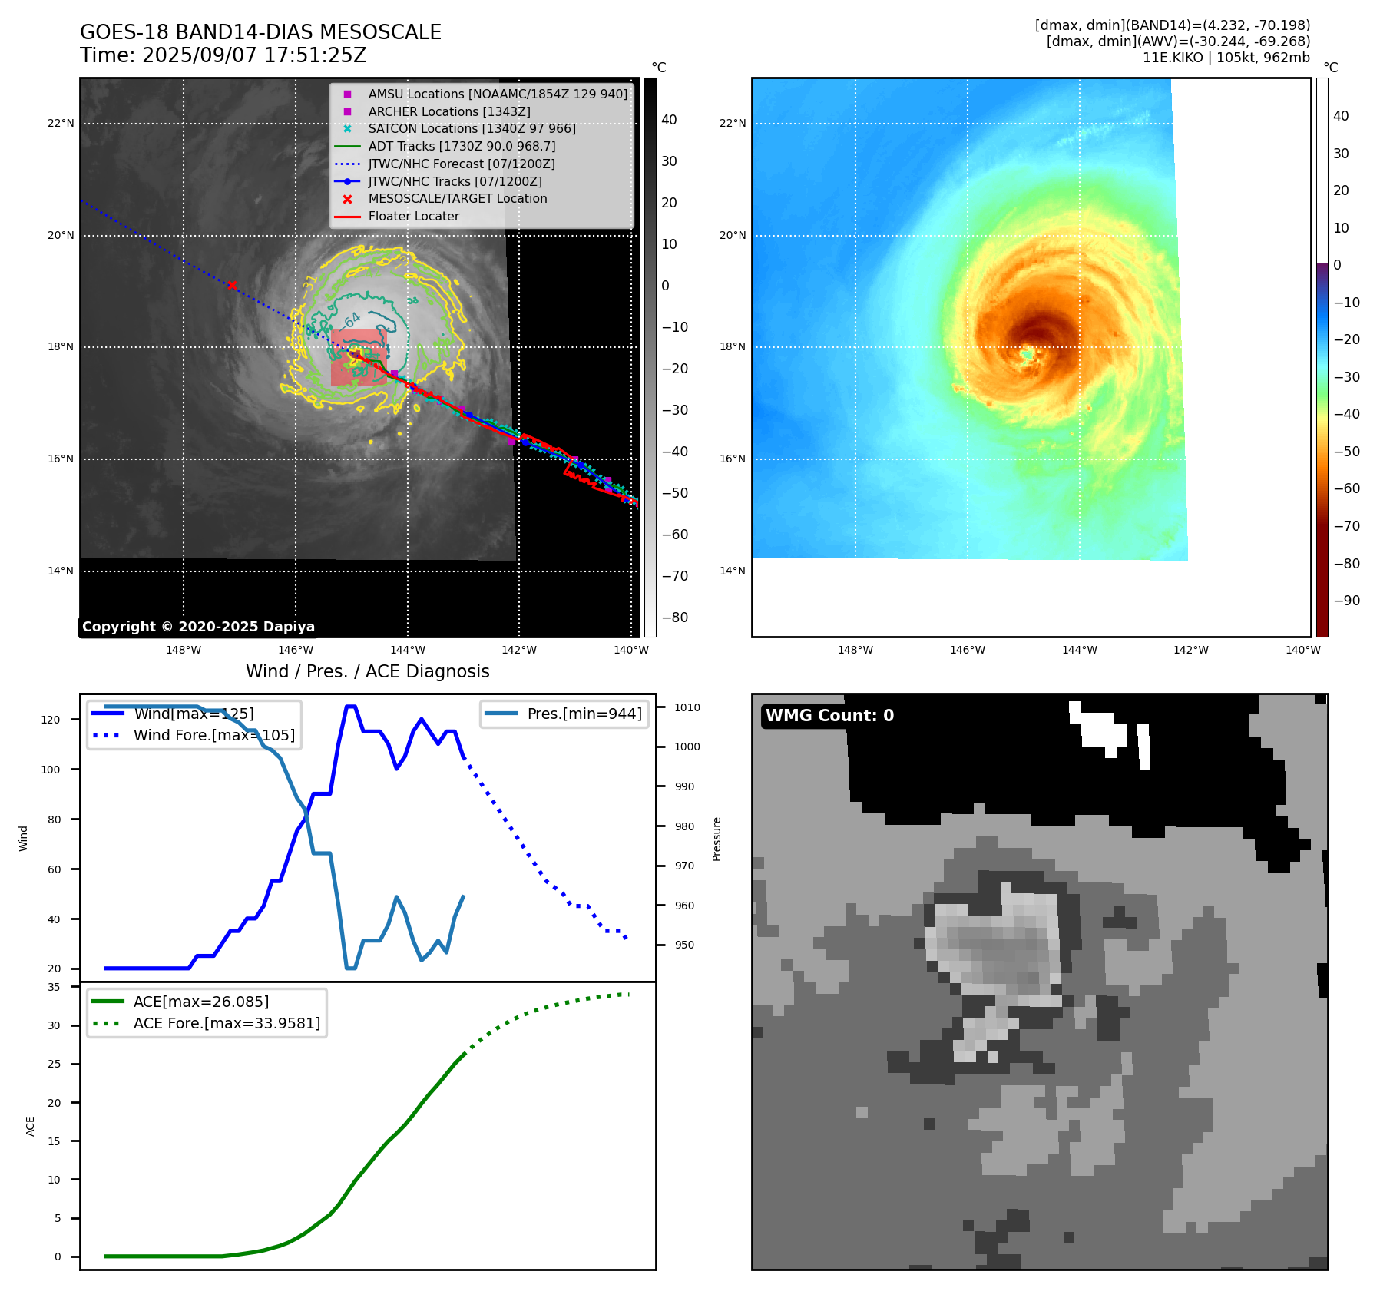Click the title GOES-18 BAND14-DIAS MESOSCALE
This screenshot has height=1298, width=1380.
(260, 32)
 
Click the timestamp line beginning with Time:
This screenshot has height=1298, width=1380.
(223, 55)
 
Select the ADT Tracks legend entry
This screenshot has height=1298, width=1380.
(461, 146)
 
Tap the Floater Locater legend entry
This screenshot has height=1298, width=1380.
(413, 217)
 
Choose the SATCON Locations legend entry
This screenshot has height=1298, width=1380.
(472, 129)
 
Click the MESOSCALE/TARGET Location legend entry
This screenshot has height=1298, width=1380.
(457, 199)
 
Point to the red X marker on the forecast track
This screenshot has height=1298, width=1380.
(232, 285)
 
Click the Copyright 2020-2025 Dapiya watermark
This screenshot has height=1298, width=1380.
(198, 627)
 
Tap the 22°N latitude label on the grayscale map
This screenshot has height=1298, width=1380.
(61, 124)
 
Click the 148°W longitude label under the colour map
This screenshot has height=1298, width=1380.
(855, 651)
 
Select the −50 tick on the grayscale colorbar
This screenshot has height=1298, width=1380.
(675, 493)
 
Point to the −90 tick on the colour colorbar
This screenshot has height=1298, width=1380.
(1346, 601)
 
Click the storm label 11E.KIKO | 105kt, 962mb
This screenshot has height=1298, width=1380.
(1226, 58)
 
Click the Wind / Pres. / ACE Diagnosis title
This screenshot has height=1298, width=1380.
(367, 671)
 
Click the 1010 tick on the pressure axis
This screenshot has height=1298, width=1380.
(687, 707)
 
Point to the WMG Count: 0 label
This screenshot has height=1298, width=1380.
(829, 716)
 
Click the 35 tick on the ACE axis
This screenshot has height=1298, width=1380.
(54, 987)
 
